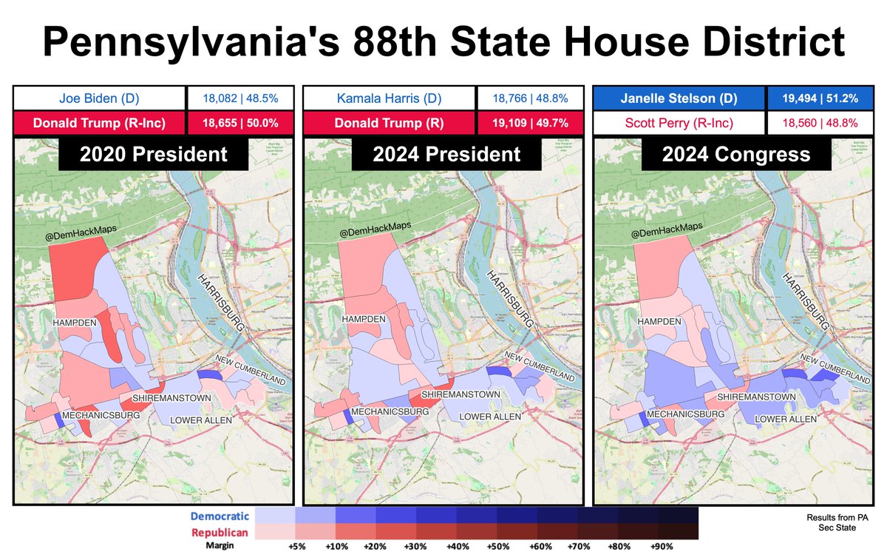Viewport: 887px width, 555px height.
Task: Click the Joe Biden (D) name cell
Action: (98, 98)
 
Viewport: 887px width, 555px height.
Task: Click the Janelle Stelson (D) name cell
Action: (678, 98)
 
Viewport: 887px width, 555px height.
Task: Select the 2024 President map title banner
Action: (436, 154)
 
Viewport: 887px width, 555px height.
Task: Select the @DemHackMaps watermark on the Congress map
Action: (665, 226)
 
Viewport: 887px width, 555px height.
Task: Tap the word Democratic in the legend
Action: (220, 515)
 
